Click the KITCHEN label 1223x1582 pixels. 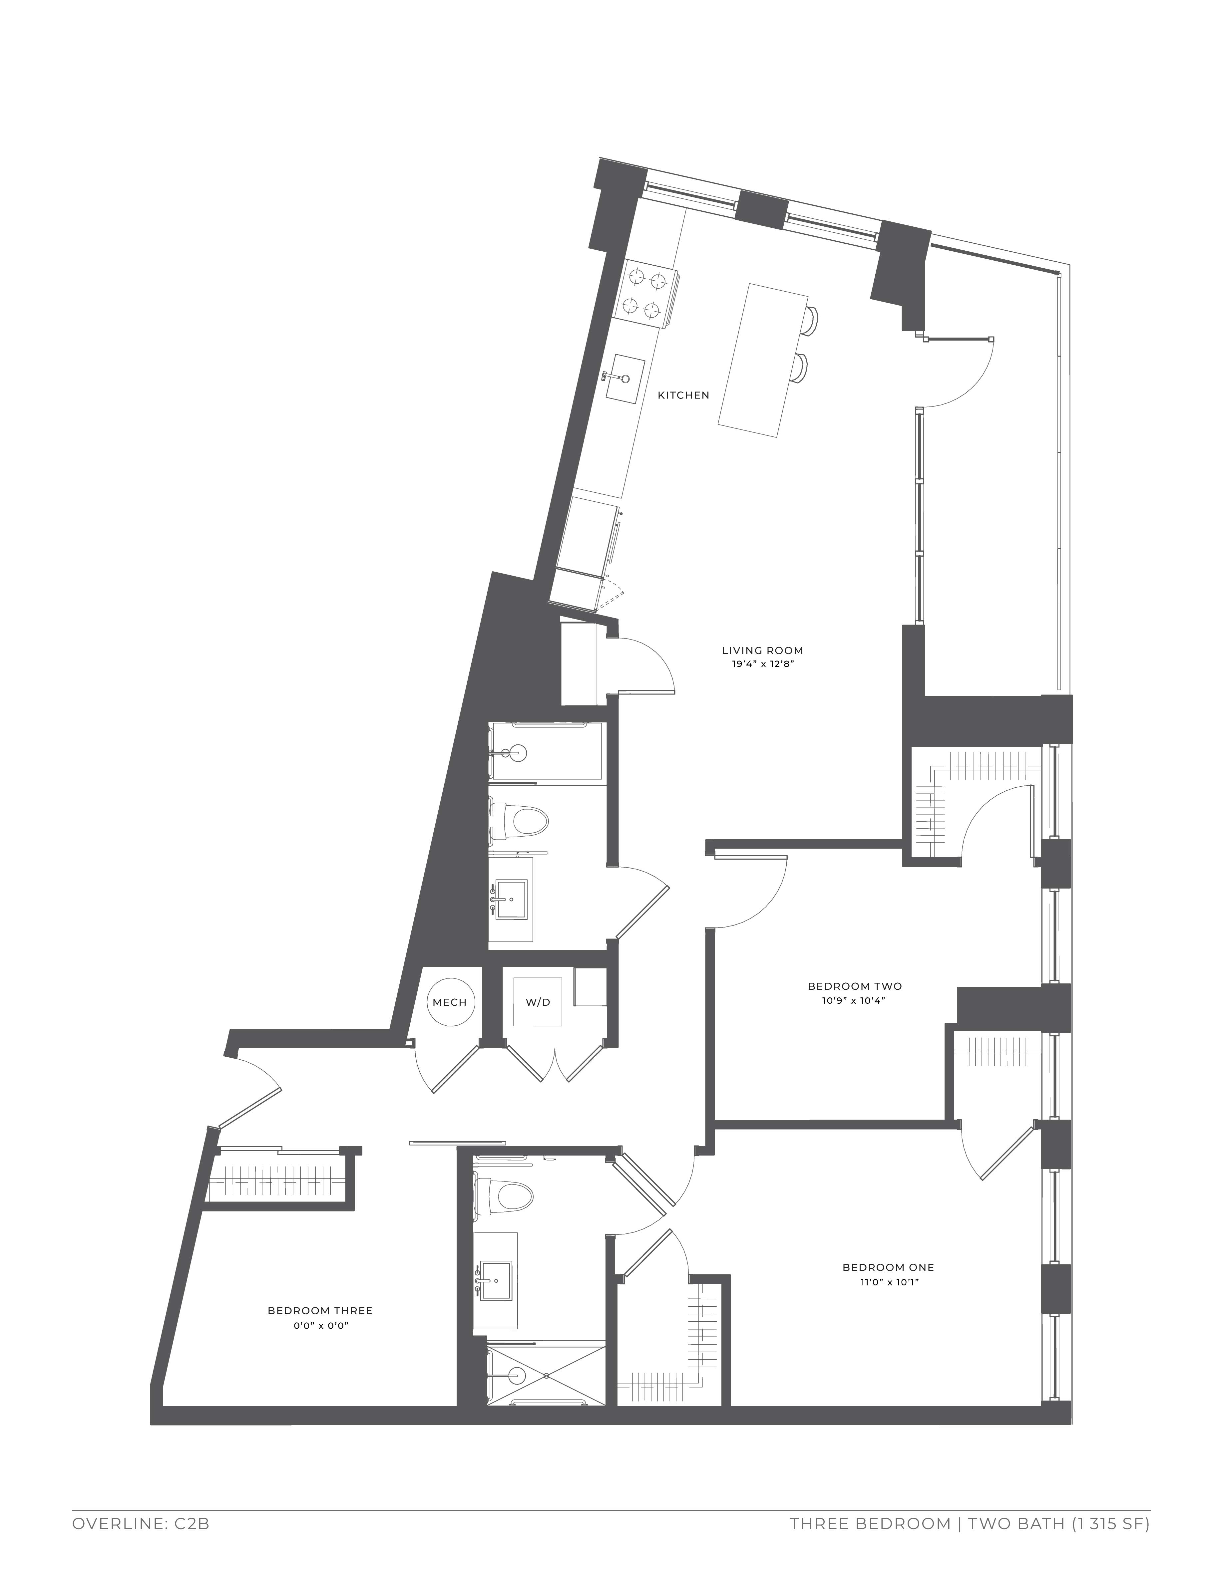682,396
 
